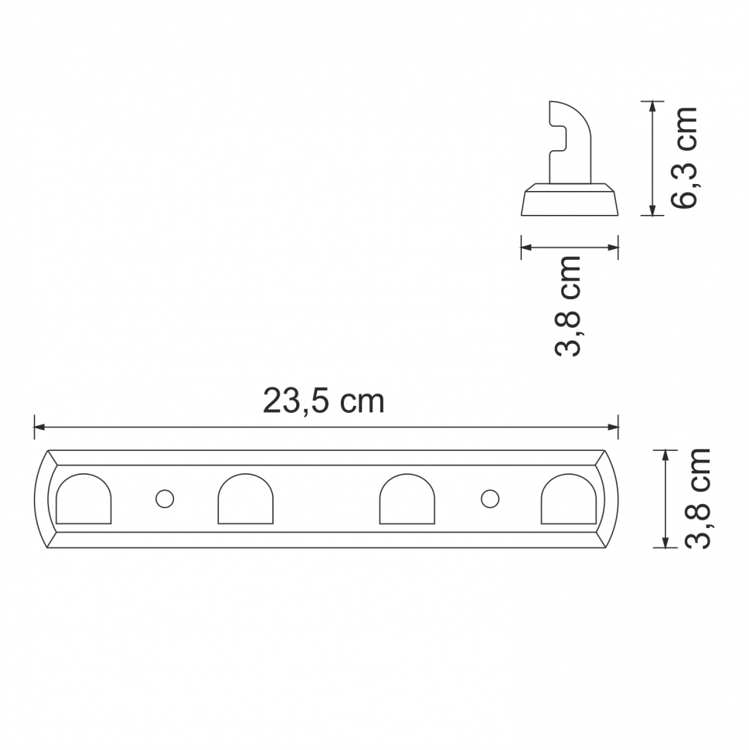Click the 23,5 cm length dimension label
[x=323, y=401]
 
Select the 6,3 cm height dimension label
[x=685, y=157]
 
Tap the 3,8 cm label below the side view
[x=568, y=305]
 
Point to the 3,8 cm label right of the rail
[x=698, y=498]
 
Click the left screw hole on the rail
[x=164, y=499]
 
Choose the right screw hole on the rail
[x=489, y=499]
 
